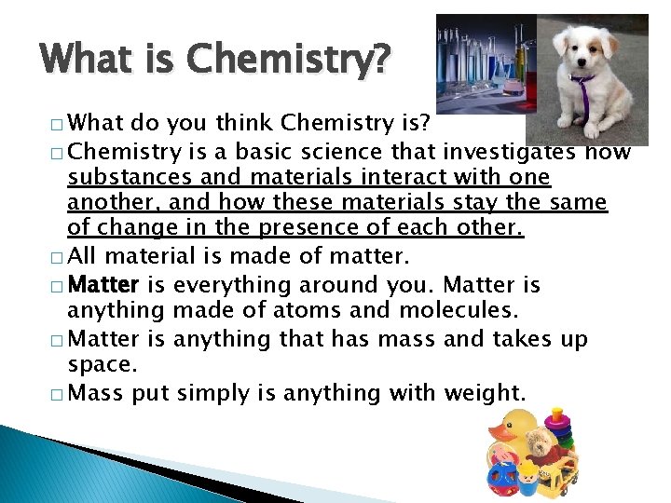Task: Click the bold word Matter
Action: click(x=104, y=285)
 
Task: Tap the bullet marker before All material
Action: click(x=58, y=257)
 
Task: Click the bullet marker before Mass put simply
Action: click(x=58, y=394)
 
